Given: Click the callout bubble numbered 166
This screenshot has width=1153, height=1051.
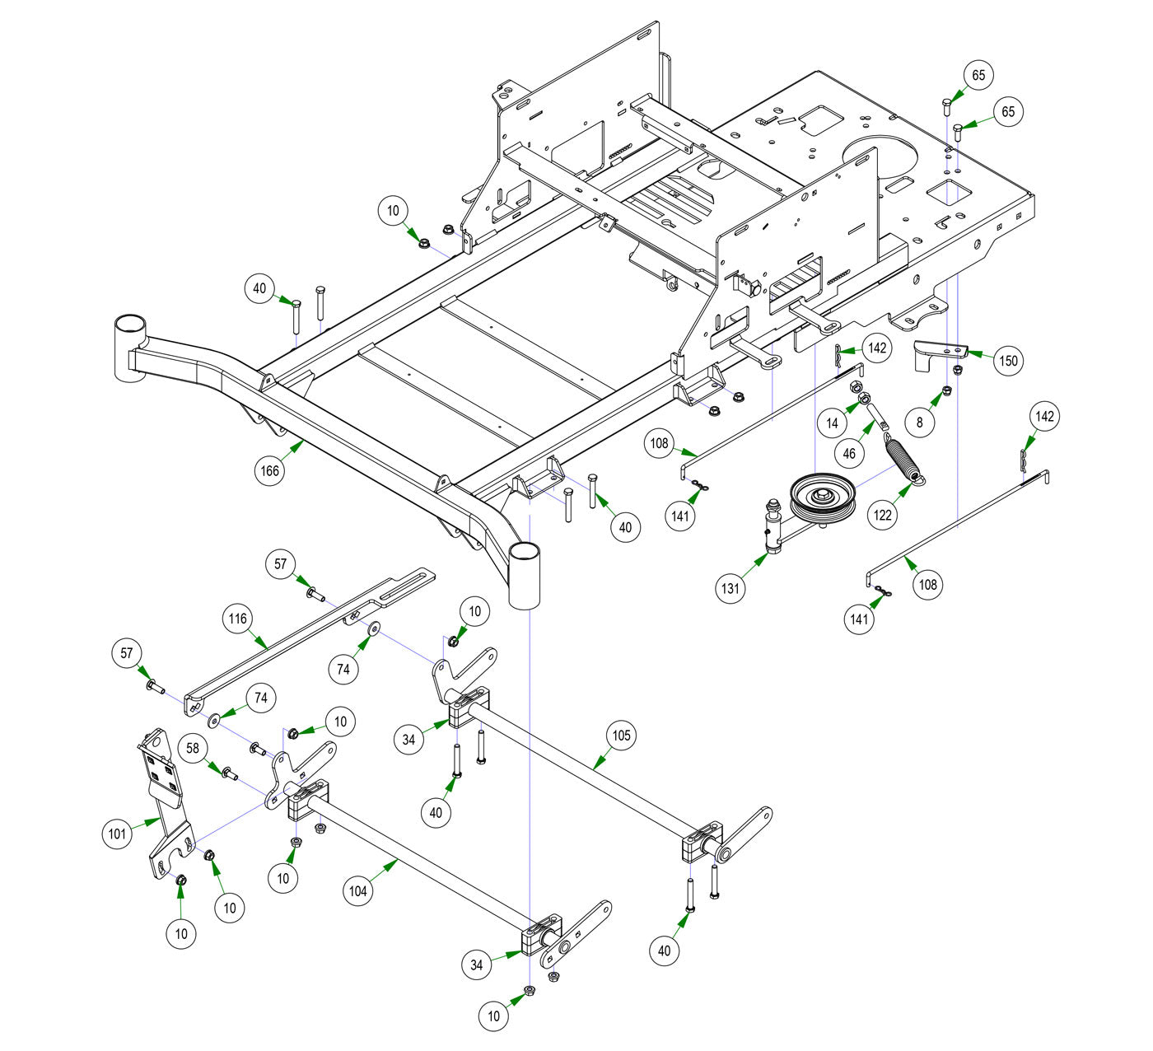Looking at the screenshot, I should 270,471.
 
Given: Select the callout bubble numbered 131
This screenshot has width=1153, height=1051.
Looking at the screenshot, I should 731,588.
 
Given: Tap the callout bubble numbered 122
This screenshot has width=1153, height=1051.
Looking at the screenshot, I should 882,516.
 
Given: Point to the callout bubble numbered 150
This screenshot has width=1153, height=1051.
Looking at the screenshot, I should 1008,360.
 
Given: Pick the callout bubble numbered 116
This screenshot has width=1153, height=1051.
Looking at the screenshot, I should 238,618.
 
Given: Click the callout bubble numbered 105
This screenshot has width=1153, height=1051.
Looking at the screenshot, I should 621,735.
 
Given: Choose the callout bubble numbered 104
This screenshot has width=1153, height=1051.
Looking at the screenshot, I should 357,890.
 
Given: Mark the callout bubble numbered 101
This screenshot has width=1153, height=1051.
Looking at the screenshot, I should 118,834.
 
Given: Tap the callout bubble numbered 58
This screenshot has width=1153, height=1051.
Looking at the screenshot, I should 193,750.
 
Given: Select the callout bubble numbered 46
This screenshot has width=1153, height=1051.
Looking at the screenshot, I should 849,453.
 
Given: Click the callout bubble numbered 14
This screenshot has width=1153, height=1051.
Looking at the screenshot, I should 833,423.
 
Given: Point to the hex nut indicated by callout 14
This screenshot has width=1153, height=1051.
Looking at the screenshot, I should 856,386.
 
